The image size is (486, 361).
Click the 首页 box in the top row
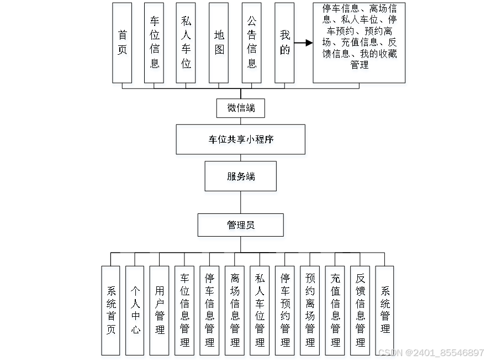(x=122, y=43)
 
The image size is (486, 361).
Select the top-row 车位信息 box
(x=154, y=43)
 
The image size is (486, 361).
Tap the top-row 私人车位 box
(x=186, y=43)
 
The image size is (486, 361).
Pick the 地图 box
(x=219, y=43)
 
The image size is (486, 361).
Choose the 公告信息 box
(x=251, y=43)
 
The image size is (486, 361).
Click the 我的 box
(x=284, y=43)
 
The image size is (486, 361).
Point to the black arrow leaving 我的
(x=303, y=43)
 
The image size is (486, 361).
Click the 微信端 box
(x=240, y=108)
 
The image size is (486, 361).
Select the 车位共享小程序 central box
(x=240, y=139)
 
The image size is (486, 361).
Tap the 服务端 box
(x=240, y=176)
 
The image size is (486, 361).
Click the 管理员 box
(x=240, y=225)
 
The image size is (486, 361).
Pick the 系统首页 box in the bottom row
(x=110, y=310)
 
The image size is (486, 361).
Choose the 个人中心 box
(x=135, y=310)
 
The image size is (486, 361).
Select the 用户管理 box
(x=160, y=310)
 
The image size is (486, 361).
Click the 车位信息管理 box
(x=184, y=310)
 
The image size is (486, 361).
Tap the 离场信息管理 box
(x=235, y=310)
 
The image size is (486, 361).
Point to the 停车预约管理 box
(x=285, y=310)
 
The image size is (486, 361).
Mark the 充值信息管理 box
(x=335, y=310)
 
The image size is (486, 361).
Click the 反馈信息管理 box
(x=360, y=310)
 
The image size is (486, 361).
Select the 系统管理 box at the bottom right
(x=385, y=310)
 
